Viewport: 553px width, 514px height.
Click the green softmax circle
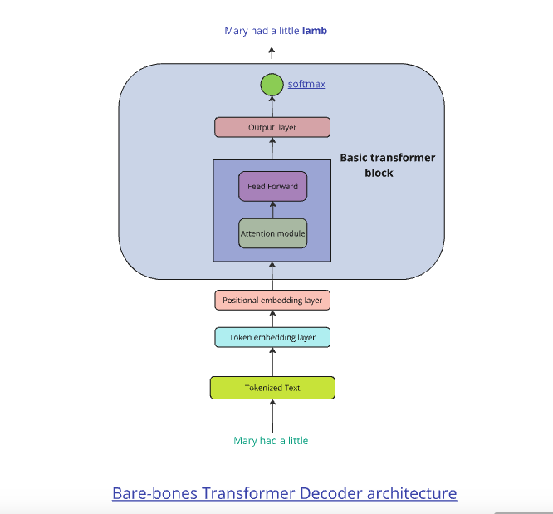pyautogui.click(x=272, y=84)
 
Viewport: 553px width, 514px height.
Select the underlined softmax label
pyautogui.click(x=306, y=84)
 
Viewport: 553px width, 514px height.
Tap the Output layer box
pyautogui.click(x=272, y=127)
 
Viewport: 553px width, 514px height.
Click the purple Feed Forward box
pyautogui.click(x=272, y=186)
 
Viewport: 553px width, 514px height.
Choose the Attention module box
pyautogui.click(x=272, y=233)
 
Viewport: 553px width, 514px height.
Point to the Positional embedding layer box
pyautogui.click(x=272, y=300)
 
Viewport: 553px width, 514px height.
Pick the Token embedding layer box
pyautogui.click(x=272, y=337)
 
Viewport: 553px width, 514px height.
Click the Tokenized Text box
pyautogui.click(x=272, y=388)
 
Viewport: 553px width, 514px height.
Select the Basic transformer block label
pyautogui.click(x=388, y=164)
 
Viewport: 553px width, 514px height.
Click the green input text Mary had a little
pyautogui.click(x=272, y=441)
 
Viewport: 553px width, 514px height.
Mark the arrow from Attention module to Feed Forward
pyautogui.click(x=272, y=209)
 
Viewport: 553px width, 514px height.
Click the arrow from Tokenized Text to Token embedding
pyautogui.click(x=272, y=362)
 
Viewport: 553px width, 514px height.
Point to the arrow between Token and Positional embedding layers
pyautogui.click(x=272, y=319)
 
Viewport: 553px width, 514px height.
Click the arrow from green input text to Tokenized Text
pyautogui.click(x=272, y=416)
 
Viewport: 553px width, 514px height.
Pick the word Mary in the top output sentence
pyautogui.click(x=237, y=31)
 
